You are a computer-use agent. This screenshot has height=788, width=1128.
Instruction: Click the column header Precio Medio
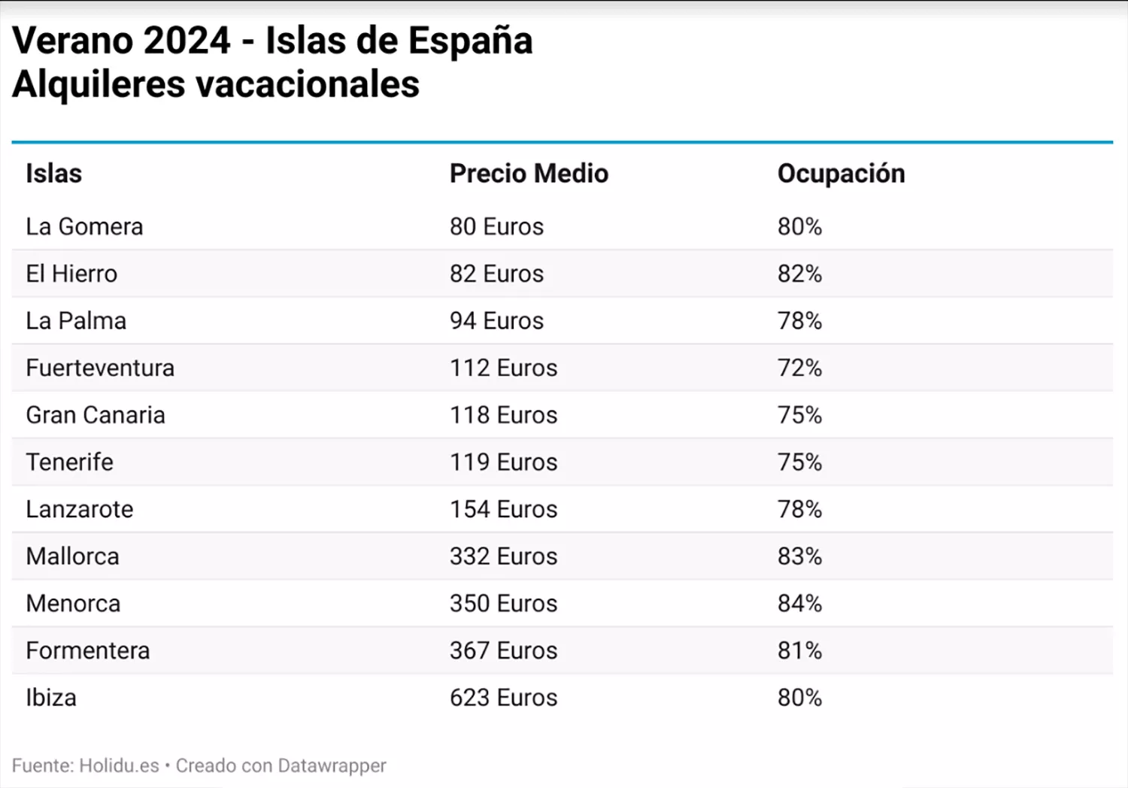pos(529,174)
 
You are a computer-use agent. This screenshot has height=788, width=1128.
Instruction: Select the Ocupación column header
pos(841,174)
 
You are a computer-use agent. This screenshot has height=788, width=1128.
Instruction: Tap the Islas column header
pos(53,174)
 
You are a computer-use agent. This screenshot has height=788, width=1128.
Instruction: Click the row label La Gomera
pos(84,226)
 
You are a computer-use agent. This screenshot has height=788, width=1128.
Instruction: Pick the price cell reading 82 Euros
pos(496,274)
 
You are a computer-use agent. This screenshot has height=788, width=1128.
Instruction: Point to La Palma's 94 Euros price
pos(496,321)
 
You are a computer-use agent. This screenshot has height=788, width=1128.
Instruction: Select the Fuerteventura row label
pos(100,368)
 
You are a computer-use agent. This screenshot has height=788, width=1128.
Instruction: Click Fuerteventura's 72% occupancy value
pos(799,368)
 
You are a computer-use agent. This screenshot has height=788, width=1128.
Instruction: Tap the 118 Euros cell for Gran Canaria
pos(503,415)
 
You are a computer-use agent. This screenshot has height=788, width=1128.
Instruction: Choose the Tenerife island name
pos(69,462)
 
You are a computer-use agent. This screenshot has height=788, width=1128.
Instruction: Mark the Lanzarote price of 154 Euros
pos(503,509)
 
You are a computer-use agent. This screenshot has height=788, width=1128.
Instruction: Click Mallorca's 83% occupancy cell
pos(799,556)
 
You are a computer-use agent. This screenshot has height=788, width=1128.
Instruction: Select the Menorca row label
pos(73,603)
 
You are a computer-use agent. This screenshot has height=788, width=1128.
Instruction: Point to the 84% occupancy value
pos(799,603)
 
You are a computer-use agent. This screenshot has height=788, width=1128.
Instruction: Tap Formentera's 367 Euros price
pos(503,650)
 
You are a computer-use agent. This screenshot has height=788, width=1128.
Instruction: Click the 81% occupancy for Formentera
pos(799,650)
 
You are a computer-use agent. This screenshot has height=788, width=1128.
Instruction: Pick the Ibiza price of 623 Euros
pos(503,698)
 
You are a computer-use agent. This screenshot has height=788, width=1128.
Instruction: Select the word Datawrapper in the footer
pos(332,765)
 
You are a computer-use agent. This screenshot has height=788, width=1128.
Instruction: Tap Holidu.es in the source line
pos(119,765)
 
